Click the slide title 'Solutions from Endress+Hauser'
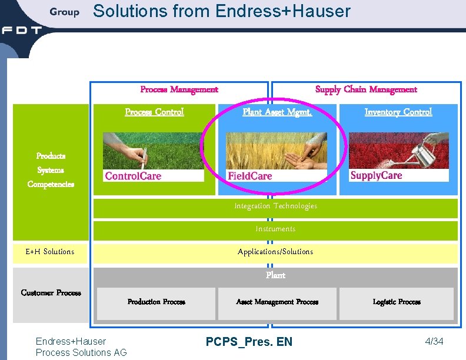(x=222, y=11)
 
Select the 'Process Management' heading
(x=179, y=89)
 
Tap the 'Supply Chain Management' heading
(x=366, y=89)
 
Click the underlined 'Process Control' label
(x=154, y=112)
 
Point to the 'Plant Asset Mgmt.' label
(x=277, y=112)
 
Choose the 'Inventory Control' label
(x=398, y=112)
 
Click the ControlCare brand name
(x=133, y=176)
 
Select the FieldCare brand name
(x=250, y=176)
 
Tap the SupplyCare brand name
(x=376, y=175)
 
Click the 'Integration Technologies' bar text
(x=275, y=206)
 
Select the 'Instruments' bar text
(x=275, y=229)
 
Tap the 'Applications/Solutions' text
(x=275, y=252)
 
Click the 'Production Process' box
(x=157, y=302)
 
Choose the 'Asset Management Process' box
(x=277, y=302)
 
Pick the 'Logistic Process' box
(x=397, y=302)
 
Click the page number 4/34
(x=434, y=342)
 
